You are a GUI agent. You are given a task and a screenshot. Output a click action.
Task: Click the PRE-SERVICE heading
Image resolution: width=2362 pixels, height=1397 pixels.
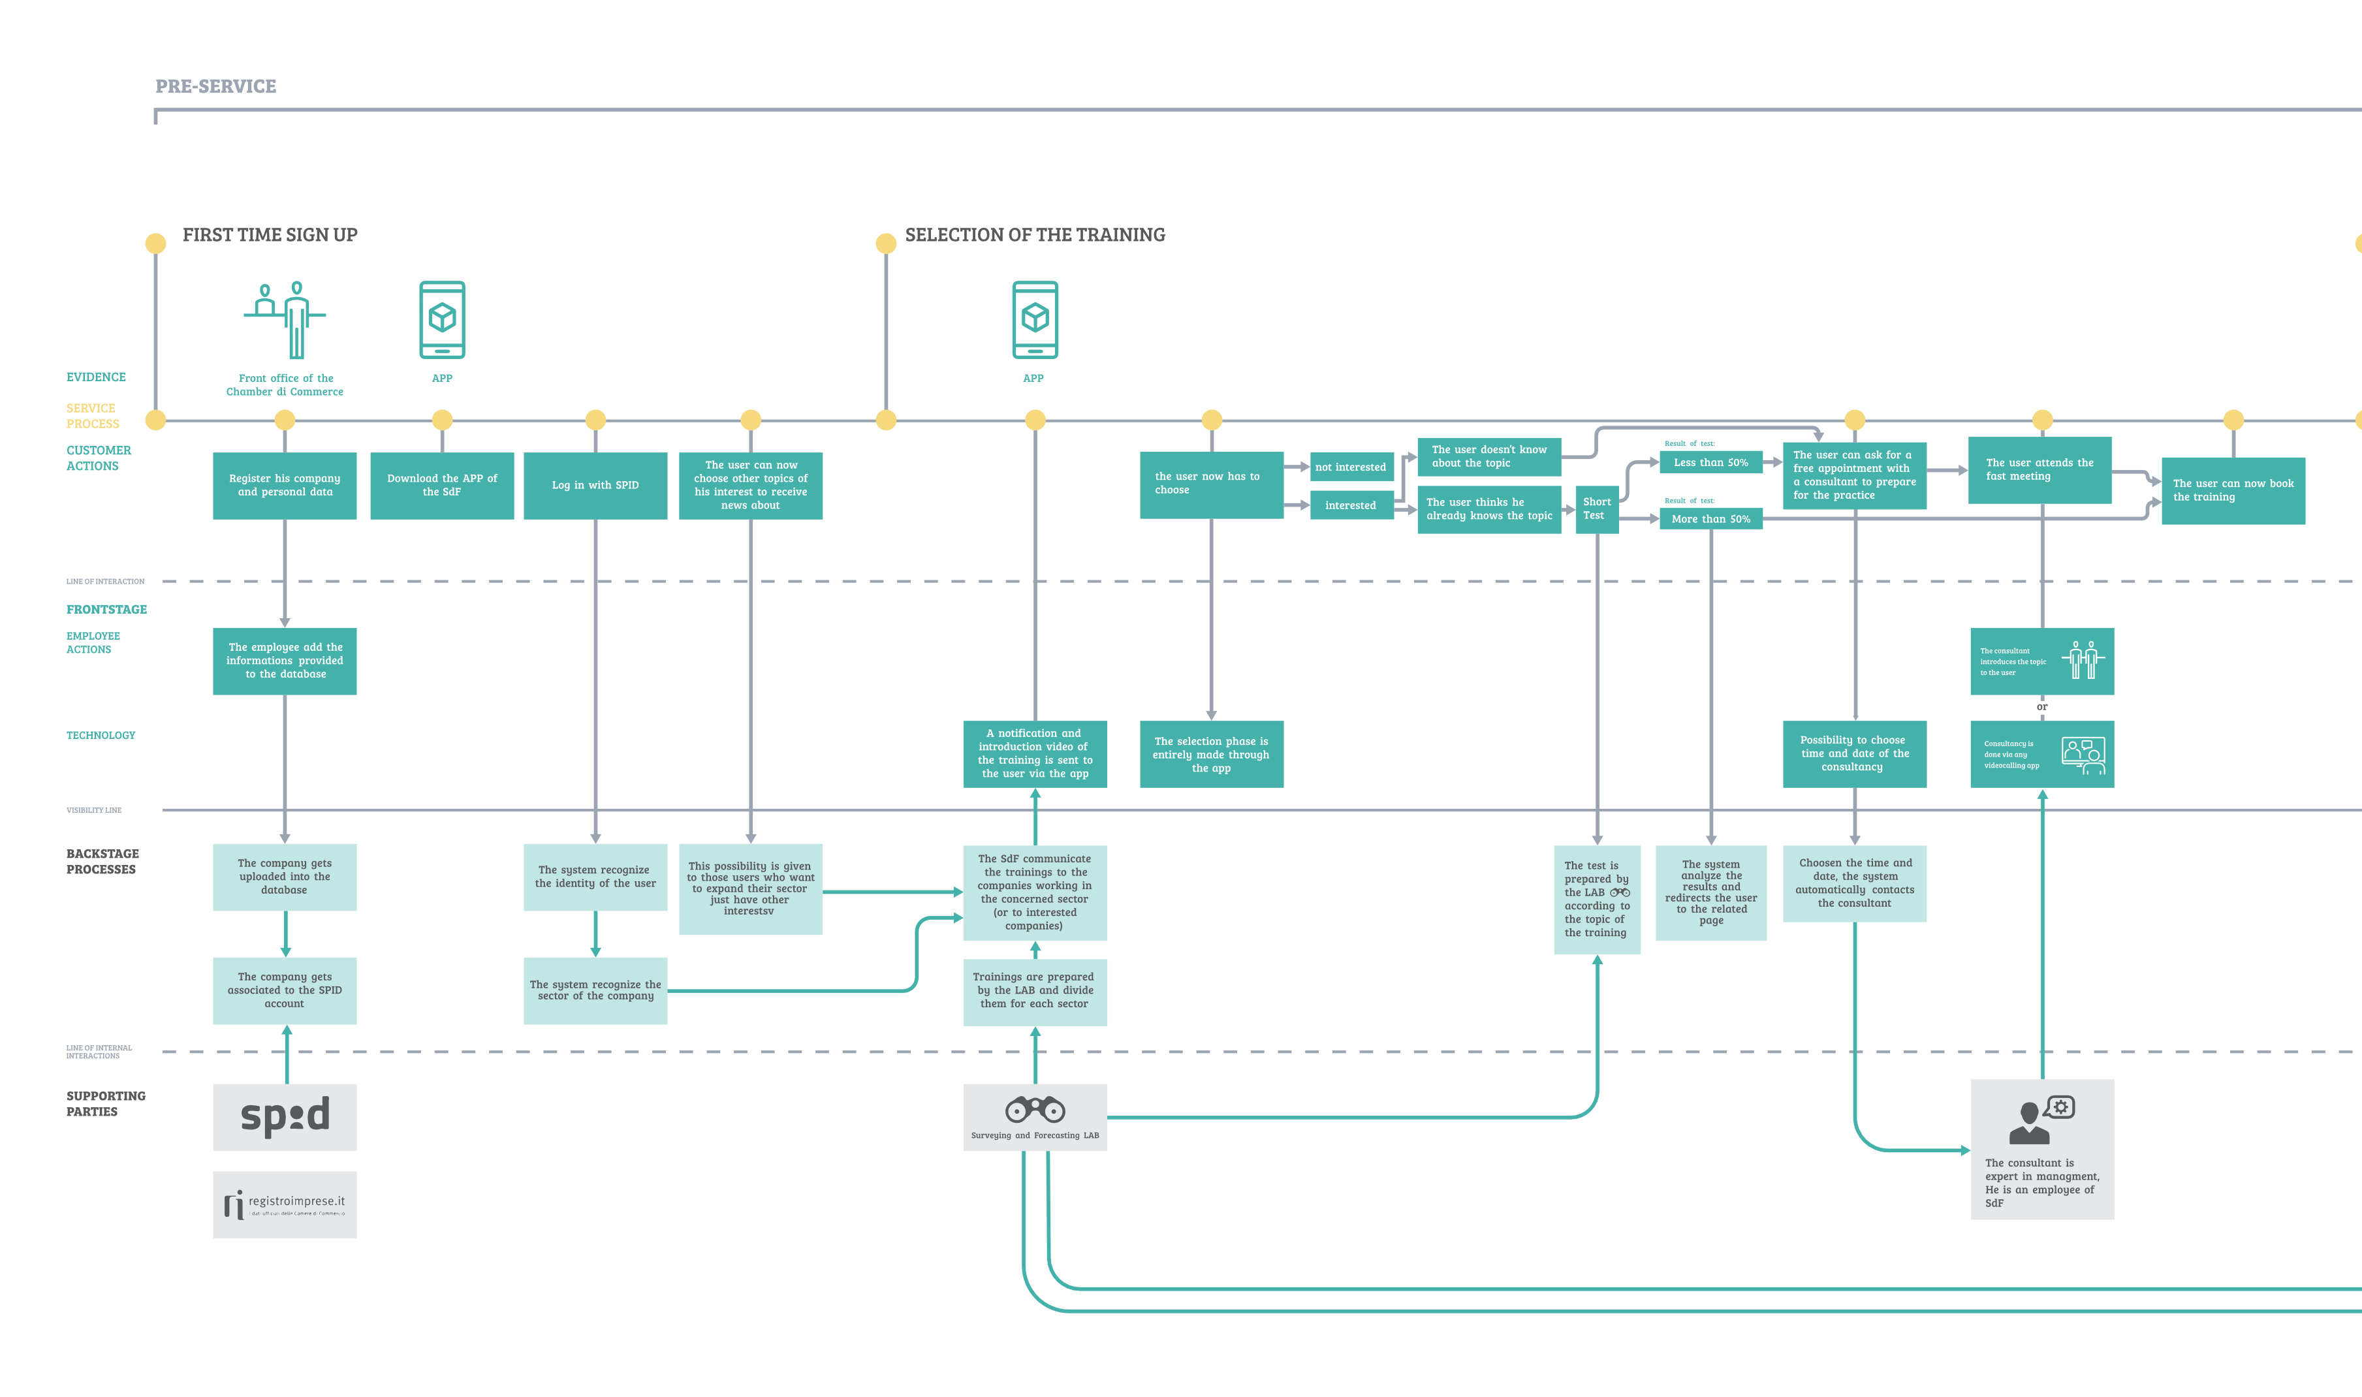pyautogui.click(x=215, y=86)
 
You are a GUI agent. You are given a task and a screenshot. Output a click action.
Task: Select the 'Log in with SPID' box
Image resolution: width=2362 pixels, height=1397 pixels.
pyautogui.click(x=595, y=485)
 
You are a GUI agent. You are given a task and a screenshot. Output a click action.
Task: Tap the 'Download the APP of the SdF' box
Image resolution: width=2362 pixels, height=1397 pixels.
pyautogui.click(x=441, y=485)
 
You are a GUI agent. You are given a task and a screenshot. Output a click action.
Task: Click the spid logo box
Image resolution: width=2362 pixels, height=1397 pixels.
pyautogui.click(x=284, y=1116)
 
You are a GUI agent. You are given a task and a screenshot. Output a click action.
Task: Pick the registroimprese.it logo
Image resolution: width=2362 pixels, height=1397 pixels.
pyautogui.click(x=284, y=1204)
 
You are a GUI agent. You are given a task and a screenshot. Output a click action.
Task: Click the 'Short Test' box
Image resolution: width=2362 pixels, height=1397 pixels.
pyautogui.click(x=1597, y=509)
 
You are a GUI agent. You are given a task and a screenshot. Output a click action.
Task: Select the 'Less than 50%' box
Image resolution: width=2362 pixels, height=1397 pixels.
pyautogui.click(x=1710, y=462)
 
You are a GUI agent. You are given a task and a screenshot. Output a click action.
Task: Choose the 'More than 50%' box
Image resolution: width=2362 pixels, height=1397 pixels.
pyautogui.click(x=1710, y=519)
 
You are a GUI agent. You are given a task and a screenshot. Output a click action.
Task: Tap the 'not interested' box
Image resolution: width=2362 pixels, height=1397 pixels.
pyautogui.click(x=1351, y=467)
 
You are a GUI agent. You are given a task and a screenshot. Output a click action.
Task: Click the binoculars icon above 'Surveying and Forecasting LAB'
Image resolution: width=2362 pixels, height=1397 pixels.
pyautogui.click(x=1035, y=1109)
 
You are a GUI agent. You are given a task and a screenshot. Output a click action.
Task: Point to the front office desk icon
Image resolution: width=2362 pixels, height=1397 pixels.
pyautogui.click(x=284, y=319)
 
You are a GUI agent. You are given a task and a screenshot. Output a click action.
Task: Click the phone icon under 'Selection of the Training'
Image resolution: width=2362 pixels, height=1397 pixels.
pyautogui.click(x=1035, y=319)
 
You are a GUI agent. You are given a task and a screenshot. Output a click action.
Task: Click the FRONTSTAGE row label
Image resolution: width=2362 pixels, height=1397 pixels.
pyautogui.click(x=106, y=609)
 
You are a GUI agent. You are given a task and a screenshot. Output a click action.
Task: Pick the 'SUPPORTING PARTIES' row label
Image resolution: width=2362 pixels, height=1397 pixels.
pyautogui.click(x=106, y=1103)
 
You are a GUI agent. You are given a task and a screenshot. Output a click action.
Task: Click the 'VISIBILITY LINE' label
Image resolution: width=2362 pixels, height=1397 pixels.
pyautogui.click(x=93, y=809)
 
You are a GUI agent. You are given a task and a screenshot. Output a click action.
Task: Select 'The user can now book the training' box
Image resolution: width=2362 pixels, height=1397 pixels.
pyautogui.click(x=2232, y=490)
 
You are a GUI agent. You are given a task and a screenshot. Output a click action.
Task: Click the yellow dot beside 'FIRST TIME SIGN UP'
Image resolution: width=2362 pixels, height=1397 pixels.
pyautogui.click(x=155, y=243)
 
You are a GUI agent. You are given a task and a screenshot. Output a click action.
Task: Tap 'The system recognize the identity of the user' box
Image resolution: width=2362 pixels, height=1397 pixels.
pyautogui.click(x=595, y=877)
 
